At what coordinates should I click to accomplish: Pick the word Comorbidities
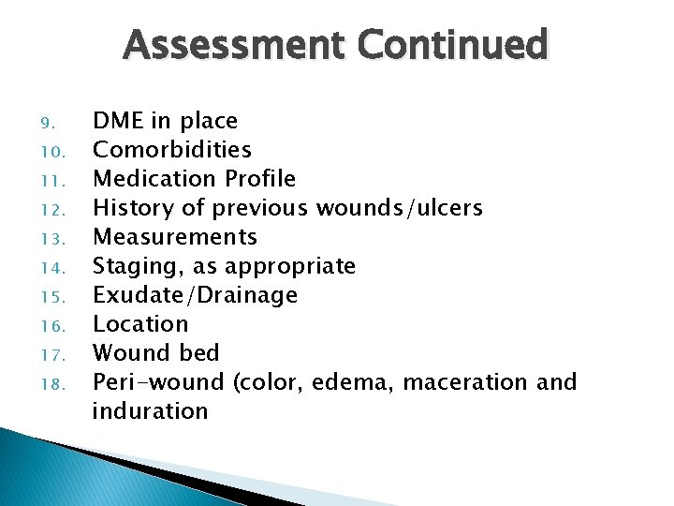click(x=172, y=150)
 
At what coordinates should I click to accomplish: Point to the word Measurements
click(x=174, y=237)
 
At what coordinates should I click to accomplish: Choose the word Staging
click(x=132, y=267)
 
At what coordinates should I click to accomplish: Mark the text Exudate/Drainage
click(x=195, y=295)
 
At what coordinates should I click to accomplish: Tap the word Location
click(x=140, y=324)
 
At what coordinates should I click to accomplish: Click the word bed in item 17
click(x=199, y=353)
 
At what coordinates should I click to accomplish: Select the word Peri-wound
click(x=158, y=382)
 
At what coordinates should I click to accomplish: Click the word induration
click(x=150, y=411)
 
